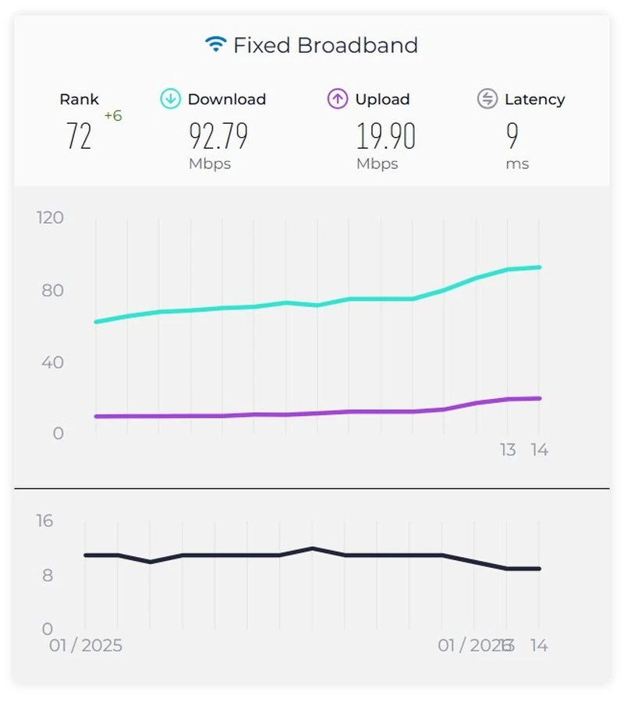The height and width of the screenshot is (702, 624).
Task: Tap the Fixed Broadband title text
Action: coord(325,45)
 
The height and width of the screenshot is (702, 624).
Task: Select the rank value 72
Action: coord(79,136)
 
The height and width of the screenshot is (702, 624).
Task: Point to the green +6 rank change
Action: coord(113,116)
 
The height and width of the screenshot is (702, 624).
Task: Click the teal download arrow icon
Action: coord(171,99)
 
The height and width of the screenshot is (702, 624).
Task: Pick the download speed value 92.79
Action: coord(218,136)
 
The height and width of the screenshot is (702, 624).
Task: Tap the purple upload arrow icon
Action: coord(338,99)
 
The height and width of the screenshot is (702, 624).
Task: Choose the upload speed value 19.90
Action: coord(386,136)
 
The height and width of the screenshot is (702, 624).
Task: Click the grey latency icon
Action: coord(487,99)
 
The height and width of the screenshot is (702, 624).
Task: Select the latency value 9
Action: coord(512,136)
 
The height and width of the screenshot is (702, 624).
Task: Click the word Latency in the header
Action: coord(534,100)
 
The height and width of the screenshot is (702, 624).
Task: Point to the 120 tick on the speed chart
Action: coord(50,217)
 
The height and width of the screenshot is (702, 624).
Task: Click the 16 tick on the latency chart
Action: coord(44,520)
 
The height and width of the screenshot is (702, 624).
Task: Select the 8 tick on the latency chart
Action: coord(48,576)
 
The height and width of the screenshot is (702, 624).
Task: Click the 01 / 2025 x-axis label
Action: coord(86,646)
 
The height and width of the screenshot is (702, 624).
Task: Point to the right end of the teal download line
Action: coord(540,267)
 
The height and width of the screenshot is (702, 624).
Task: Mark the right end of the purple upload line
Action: coord(540,398)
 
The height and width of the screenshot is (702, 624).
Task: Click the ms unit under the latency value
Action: coord(517,164)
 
